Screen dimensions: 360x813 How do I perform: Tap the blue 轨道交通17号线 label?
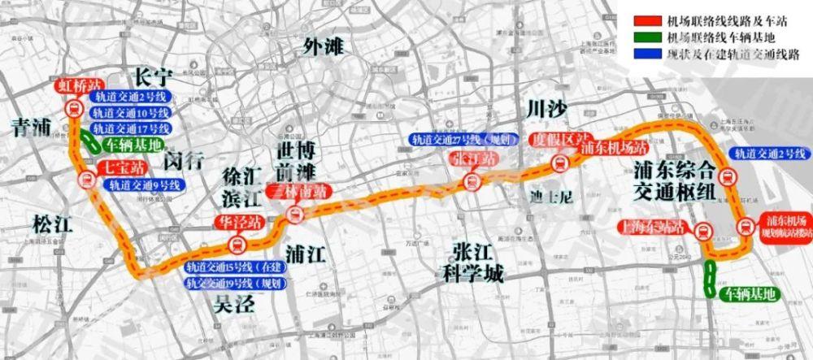point(130,128)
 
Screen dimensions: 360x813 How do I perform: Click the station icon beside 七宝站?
point(85,180)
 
